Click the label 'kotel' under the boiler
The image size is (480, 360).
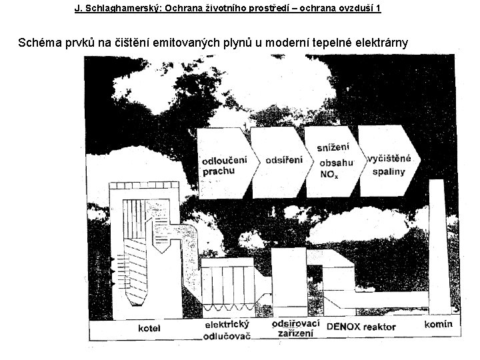[x=150, y=328]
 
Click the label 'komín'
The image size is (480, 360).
[x=438, y=325]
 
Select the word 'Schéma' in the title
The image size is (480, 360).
[x=39, y=43]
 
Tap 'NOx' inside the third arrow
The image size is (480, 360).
[x=328, y=175]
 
